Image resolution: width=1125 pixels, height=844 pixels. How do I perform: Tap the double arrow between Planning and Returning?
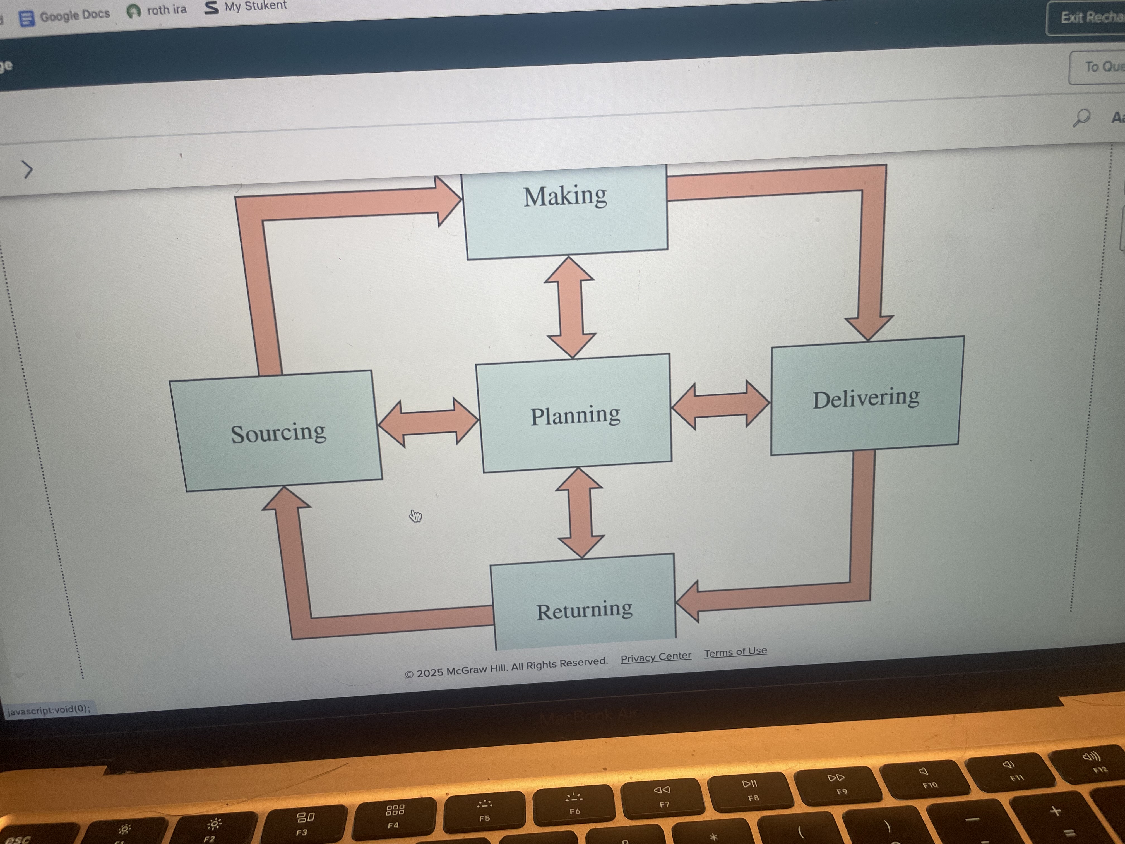(x=580, y=513)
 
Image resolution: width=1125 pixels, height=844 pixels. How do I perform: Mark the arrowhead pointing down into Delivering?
(x=869, y=326)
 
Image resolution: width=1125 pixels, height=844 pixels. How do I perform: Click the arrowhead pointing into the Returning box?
(x=689, y=602)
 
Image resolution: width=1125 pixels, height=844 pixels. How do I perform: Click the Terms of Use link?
(x=735, y=651)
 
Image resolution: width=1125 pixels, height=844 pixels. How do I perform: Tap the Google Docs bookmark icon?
(x=27, y=18)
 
